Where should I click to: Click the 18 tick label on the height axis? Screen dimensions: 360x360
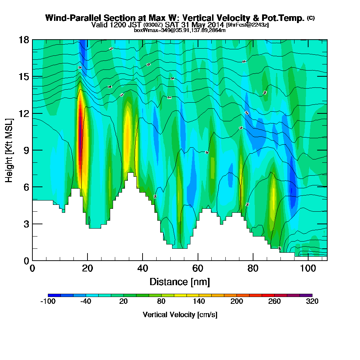tap(23, 40)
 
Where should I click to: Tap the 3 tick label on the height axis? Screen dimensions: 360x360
tap(26, 224)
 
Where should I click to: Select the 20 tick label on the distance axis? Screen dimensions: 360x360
tap(87, 269)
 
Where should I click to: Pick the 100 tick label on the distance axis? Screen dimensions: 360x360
tap(308, 269)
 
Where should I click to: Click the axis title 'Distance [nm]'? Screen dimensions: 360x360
tap(180, 282)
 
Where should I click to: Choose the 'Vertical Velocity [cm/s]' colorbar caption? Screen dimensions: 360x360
tap(180, 315)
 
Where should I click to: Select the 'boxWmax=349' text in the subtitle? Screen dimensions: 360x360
tap(148, 30)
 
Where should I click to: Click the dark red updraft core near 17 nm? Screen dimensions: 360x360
tap(80, 137)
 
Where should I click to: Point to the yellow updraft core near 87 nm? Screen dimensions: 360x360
tap(274, 196)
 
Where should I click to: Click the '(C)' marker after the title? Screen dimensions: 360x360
tap(311, 18)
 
